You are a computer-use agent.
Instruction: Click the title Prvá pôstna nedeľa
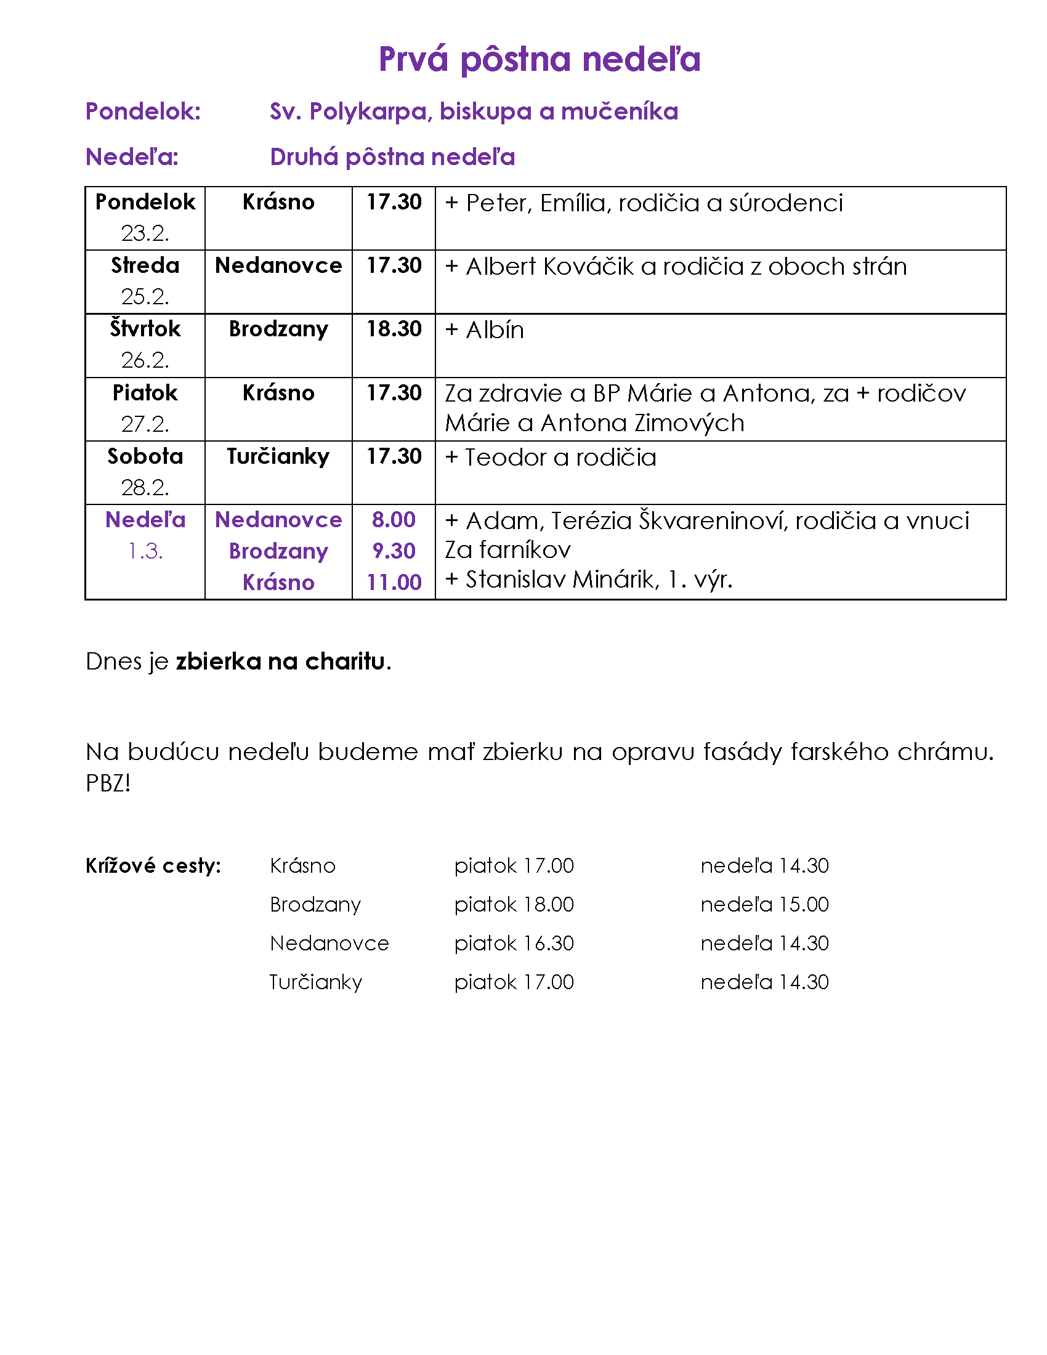pyautogui.click(x=539, y=60)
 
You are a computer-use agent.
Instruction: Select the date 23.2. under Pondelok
pyautogui.click(x=145, y=234)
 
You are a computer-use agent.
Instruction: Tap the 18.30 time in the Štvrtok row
pyautogui.click(x=394, y=329)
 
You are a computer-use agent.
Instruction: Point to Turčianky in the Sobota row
pyautogui.click(x=278, y=456)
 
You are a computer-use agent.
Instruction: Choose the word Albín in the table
pyautogui.click(x=495, y=330)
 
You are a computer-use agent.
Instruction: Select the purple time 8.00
pyautogui.click(x=394, y=520)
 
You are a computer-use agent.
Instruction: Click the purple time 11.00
pyautogui.click(x=394, y=583)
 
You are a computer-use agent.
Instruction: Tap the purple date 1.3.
pyautogui.click(x=145, y=551)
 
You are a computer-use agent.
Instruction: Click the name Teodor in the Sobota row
pyautogui.click(x=506, y=457)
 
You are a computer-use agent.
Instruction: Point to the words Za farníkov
pyautogui.click(x=507, y=550)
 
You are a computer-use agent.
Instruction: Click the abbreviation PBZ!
pyautogui.click(x=108, y=783)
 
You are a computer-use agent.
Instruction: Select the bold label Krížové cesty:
pyautogui.click(x=153, y=866)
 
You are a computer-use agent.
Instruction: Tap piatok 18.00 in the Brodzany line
pyautogui.click(x=514, y=905)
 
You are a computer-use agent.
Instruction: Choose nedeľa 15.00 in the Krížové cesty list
pyautogui.click(x=764, y=905)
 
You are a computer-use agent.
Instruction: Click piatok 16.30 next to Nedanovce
pyautogui.click(x=514, y=944)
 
